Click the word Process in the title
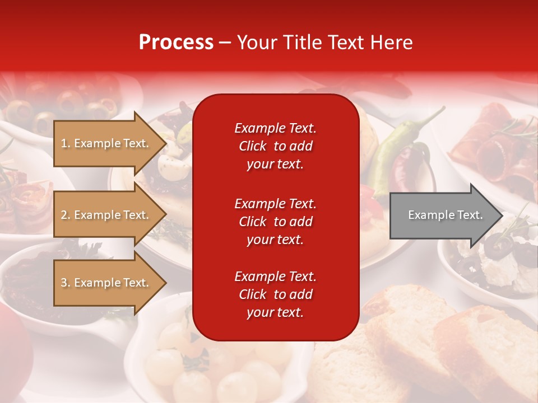[176, 43]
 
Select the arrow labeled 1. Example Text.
[106, 143]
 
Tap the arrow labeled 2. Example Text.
[106, 215]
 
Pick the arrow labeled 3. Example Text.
[106, 283]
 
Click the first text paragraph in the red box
[275, 146]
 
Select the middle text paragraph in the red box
[275, 221]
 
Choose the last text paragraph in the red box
[275, 294]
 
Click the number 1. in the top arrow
[66, 143]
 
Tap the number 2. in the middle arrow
[66, 215]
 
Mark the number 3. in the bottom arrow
[66, 283]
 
